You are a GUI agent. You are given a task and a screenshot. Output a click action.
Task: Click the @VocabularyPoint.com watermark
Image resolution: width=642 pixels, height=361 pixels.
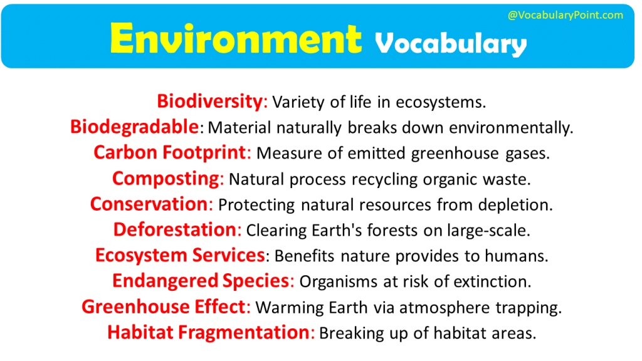coord(565,15)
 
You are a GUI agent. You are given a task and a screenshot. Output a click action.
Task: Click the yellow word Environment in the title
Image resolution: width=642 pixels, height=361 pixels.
coord(236,39)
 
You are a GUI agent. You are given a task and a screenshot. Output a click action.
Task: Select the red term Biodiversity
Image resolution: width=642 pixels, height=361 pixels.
coord(209,101)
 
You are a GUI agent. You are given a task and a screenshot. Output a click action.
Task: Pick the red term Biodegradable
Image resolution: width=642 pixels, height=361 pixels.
coord(134,127)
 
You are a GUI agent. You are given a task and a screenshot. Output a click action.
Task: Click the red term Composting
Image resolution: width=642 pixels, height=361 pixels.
coord(166,179)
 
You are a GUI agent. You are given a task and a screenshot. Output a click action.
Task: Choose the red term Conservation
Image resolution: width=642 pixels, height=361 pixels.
coord(149,204)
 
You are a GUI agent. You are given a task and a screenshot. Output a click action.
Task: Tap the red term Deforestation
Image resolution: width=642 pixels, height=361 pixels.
coord(174,230)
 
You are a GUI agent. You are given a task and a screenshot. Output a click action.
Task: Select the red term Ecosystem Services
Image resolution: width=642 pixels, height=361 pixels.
coord(180,255)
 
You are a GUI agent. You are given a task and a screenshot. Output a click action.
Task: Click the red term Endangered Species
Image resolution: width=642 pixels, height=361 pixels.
coord(201,281)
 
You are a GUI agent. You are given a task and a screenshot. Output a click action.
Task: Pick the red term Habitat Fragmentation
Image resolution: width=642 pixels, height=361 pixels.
coord(209,332)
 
